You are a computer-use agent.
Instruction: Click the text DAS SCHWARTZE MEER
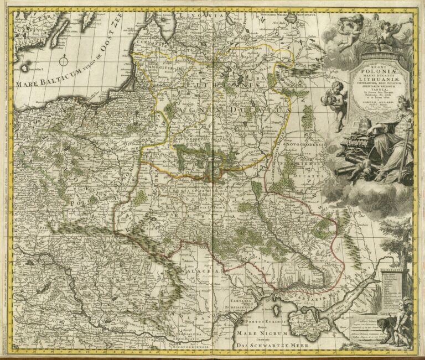click(x=271, y=346)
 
